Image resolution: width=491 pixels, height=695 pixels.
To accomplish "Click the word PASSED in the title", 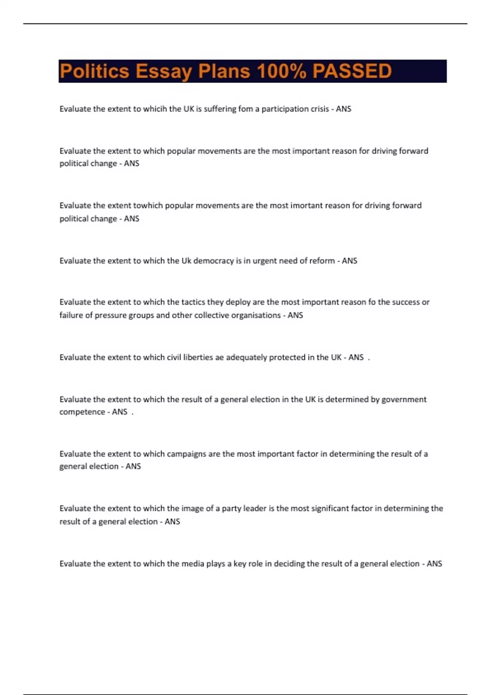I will click(352, 71).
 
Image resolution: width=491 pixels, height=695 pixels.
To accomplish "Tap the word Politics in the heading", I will click(95, 71).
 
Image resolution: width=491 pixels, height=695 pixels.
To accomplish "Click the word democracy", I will click(214, 261).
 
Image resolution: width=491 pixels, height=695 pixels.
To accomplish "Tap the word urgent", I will click(264, 261).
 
